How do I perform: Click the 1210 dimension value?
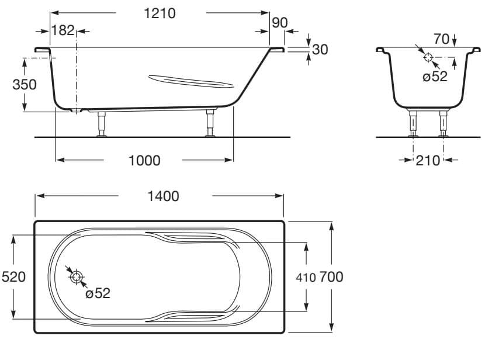[160, 13]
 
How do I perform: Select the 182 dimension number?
[63, 31]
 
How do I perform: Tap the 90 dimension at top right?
[280, 23]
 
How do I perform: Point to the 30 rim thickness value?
[320, 50]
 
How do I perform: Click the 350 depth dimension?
[25, 84]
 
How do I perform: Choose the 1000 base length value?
[144, 160]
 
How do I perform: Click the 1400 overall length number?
[163, 196]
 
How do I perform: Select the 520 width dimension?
[13, 276]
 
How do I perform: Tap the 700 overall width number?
[331, 276]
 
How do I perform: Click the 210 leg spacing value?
[428, 160]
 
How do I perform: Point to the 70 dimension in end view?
[442, 39]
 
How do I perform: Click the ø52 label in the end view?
[435, 77]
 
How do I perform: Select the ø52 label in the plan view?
[98, 293]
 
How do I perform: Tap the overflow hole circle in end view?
[428, 57]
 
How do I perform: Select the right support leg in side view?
[210, 123]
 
